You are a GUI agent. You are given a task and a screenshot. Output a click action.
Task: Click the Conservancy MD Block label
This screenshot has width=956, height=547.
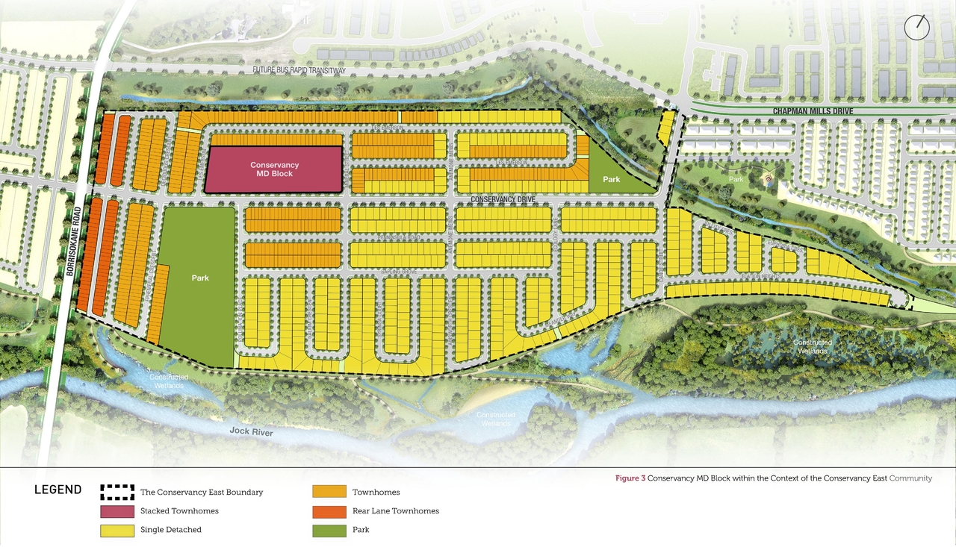[x=274, y=169]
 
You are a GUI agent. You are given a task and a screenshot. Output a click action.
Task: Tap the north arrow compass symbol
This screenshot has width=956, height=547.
[x=916, y=27]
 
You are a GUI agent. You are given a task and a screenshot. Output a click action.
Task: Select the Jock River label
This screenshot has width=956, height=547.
[x=252, y=432]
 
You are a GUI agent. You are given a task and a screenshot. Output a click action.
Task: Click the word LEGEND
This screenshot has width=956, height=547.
[x=58, y=490]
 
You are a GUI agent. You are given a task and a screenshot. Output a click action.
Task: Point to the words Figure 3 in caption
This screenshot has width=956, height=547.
[x=630, y=478]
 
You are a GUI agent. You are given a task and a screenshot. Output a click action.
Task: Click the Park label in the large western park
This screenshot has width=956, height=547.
[x=200, y=278]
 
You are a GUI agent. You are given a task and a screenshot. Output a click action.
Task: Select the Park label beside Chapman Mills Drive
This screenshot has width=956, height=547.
[x=612, y=179]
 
